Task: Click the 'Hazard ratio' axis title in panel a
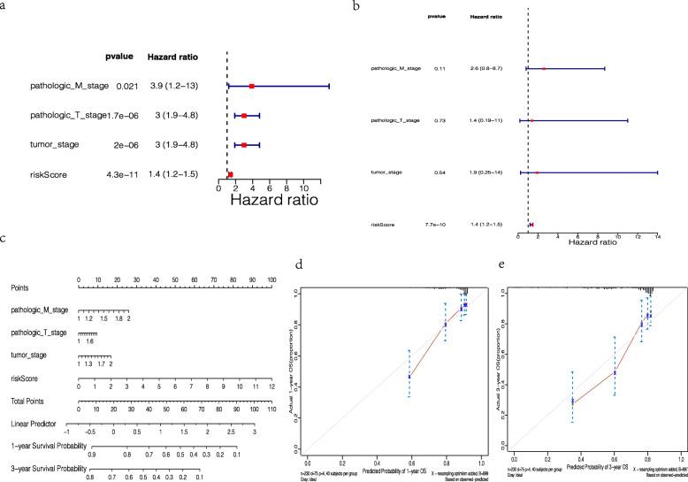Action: point(274,201)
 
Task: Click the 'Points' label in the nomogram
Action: point(24,287)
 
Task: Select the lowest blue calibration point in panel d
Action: point(409,377)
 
